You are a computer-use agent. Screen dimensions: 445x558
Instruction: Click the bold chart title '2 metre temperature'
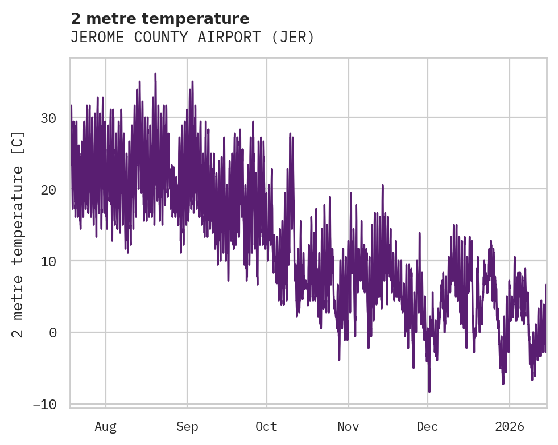click(x=160, y=19)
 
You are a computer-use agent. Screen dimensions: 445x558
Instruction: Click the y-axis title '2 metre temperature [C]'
click(x=18, y=234)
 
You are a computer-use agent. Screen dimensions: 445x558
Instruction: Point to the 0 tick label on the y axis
click(x=53, y=333)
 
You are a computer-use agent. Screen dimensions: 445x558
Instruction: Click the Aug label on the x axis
click(x=105, y=427)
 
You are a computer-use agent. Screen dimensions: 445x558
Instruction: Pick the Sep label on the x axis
click(x=187, y=427)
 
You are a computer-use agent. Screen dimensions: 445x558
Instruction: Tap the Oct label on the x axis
click(x=266, y=427)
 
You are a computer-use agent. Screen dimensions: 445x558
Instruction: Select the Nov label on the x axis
click(x=348, y=427)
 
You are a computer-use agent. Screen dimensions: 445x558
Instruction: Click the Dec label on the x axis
click(x=427, y=427)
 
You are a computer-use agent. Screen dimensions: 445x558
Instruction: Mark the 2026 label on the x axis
click(x=509, y=427)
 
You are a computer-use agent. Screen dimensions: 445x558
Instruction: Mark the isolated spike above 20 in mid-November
click(x=382, y=185)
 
